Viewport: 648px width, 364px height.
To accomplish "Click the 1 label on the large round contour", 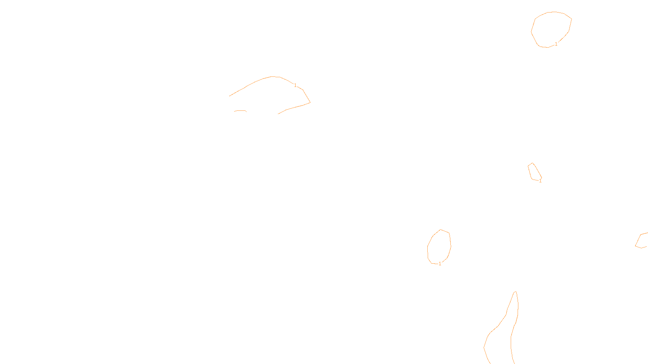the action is pos(556,44).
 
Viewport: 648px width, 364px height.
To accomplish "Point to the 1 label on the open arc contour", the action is pos(295,85).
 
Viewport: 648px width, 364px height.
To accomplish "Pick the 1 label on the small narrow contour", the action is pos(540,181).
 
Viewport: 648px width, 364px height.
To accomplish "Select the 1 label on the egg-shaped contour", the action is pos(440,264).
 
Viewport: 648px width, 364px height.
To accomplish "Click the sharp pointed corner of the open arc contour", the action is pos(310,102).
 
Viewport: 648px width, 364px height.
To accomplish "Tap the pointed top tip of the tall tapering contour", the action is pos(516,291).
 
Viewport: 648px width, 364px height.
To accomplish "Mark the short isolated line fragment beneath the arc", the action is pos(240,110).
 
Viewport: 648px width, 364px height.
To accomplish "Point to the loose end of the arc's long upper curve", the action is pos(230,96).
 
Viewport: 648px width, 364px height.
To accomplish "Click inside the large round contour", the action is pos(551,29).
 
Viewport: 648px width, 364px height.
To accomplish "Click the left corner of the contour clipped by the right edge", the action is pos(635,245).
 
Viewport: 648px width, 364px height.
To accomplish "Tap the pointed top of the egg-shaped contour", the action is pos(441,230).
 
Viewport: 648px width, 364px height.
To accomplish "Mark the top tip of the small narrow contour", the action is pos(533,163).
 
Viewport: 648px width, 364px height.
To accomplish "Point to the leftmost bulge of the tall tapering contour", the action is pos(484,347).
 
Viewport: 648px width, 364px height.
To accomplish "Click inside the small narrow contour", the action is pos(535,171).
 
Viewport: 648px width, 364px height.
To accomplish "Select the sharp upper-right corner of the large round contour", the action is pos(571,18).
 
